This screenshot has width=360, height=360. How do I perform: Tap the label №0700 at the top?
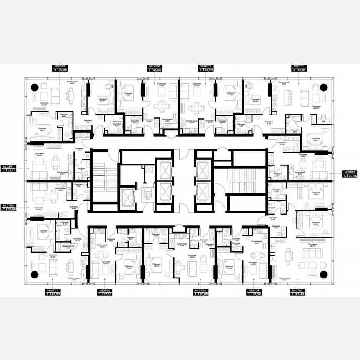(205, 67)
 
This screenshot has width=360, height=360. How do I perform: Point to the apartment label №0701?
(298, 67)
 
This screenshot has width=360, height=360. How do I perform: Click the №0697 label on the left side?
(10, 166)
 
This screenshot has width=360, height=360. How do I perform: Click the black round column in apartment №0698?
(35, 87)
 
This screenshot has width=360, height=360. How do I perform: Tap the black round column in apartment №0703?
(323, 274)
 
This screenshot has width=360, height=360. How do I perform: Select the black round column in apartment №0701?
(323, 87)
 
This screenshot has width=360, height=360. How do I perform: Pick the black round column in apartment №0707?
(35, 274)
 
